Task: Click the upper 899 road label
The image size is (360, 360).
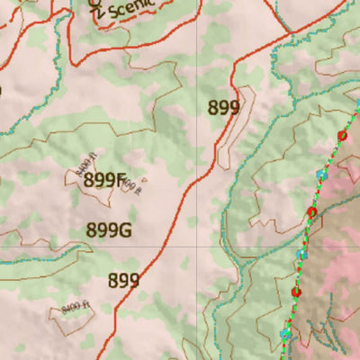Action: tap(223, 109)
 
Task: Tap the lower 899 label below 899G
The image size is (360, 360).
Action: tap(123, 281)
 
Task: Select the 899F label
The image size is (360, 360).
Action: tap(103, 180)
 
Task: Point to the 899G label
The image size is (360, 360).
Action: tap(109, 230)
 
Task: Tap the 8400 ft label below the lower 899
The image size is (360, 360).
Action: tap(77, 309)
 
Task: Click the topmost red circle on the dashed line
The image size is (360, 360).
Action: tap(342, 136)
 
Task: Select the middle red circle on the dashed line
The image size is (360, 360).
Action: tap(312, 212)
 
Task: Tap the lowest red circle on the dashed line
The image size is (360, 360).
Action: tap(295, 292)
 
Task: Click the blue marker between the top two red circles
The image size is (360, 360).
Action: tap(321, 173)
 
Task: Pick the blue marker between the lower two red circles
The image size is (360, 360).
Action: tap(302, 255)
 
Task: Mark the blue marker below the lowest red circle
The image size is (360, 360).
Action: tap(286, 333)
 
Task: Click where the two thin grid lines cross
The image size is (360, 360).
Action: tap(199, 246)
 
